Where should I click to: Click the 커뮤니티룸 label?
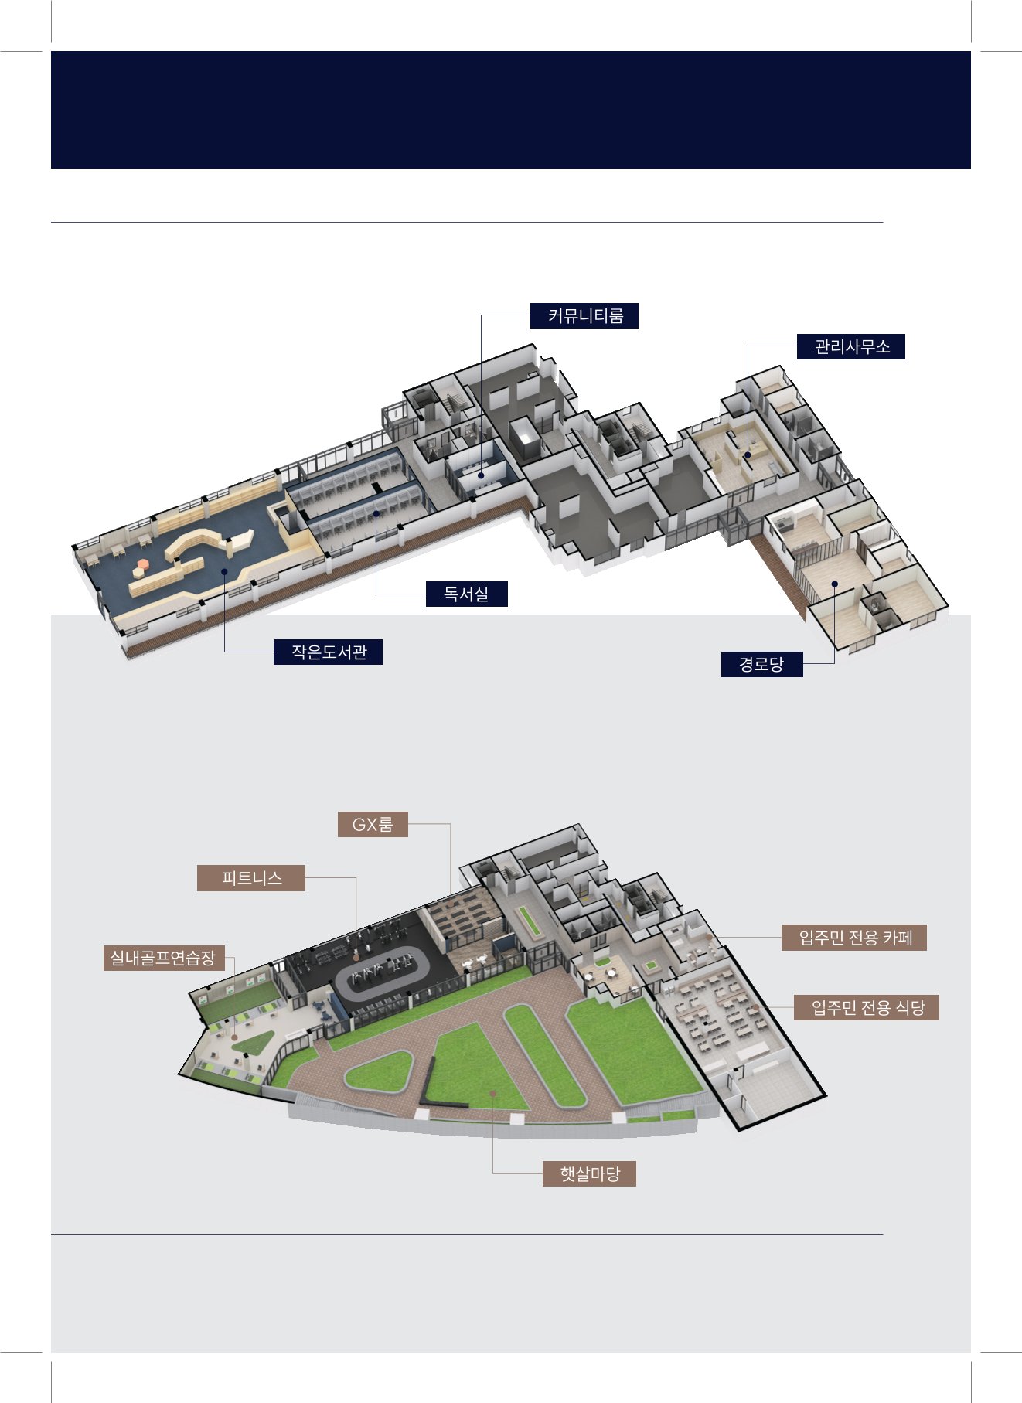click(x=584, y=316)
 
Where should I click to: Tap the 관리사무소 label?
click(x=851, y=347)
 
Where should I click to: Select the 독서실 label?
click(x=466, y=594)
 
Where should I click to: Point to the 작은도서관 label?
click(x=328, y=652)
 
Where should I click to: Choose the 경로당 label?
click(x=761, y=664)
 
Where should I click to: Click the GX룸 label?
click(x=373, y=825)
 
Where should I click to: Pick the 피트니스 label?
click(x=251, y=878)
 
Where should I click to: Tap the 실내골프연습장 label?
click(x=163, y=959)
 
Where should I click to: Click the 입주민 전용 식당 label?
click(x=867, y=1008)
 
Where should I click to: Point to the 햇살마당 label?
click(x=589, y=1174)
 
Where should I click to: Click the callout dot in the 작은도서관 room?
click(x=224, y=572)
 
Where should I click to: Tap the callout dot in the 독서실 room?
click(x=376, y=513)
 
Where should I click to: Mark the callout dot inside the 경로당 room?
click(x=834, y=584)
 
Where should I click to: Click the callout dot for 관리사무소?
click(x=748, y=455)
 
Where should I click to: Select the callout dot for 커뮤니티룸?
click(x=481, y=475)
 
